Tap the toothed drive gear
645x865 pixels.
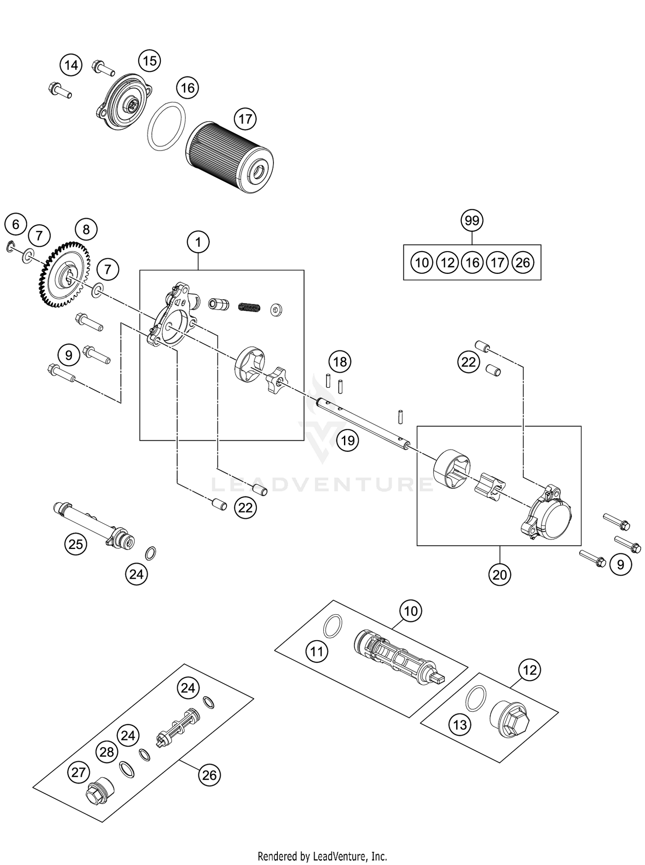[64, 276]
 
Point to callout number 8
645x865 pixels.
[86, 229]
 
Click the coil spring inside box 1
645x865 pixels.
[249, 307]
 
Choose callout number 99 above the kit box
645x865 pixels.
[472, 221]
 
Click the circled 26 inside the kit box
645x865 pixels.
[522, 262]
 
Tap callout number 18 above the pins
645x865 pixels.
[340, 362]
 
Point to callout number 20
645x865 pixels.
[500, 574]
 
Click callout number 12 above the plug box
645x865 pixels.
[530, 670]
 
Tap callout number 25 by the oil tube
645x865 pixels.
[76, 544]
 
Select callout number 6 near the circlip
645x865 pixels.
[16, 224]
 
